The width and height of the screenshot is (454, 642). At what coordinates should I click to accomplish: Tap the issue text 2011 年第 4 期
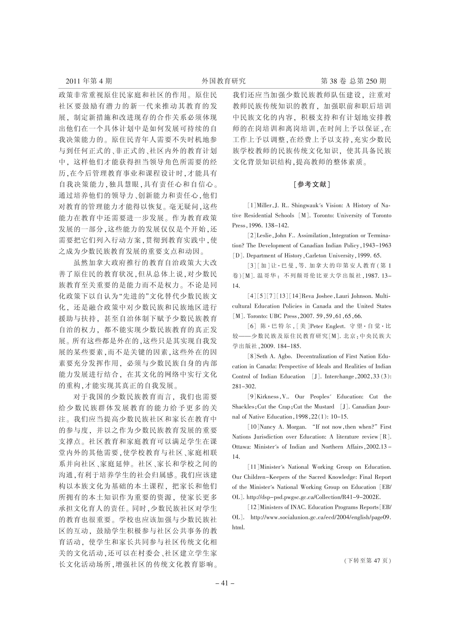coord(89,81)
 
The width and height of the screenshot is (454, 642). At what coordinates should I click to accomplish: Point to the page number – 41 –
coord(225,583)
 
